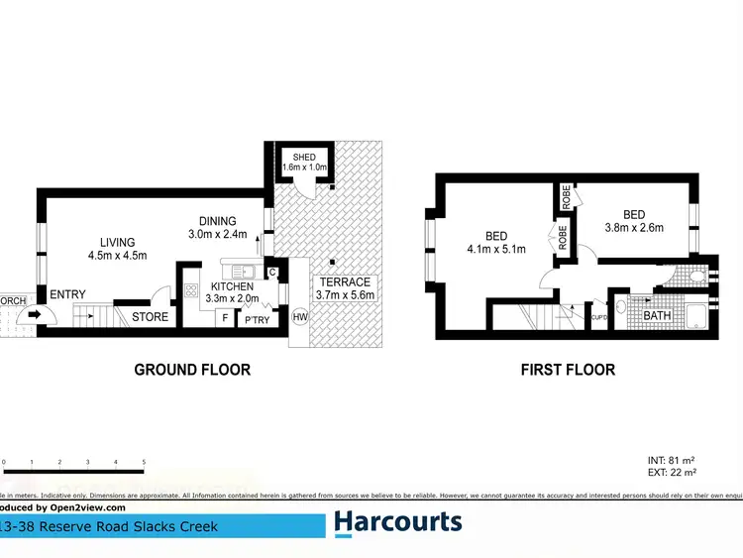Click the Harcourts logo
tap(398, 522)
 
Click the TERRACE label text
tap(344, 282)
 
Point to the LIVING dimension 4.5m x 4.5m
tap(117, 256)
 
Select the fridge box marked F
tap(226, 317)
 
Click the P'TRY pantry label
tap(257, 318)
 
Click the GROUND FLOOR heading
tap(192, 370)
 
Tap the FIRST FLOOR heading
tap(568, 370)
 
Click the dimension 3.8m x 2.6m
tap(633, 228)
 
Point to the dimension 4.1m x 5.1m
tap(495, 249)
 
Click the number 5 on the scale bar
tap(144, 463)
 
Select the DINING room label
tap(216, 221)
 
